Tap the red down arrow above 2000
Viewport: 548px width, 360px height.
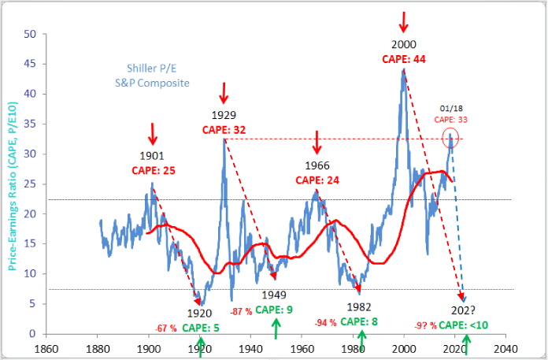[x=404, y=20]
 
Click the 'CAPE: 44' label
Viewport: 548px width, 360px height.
[x=404, y=59]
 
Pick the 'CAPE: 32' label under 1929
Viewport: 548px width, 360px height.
[x=225, y=130]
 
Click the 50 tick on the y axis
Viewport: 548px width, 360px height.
[x=29, y=34]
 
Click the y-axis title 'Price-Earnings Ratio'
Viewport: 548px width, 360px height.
[x=12, y=187]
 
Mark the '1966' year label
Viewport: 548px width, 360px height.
[x=317, y=166]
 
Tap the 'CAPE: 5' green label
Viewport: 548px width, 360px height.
[x=201, y=327]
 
